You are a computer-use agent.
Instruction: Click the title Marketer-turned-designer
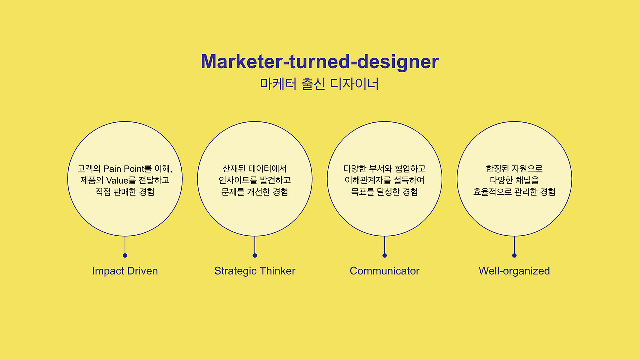[320, 62]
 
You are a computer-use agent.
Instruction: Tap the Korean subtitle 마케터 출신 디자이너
[320, 84]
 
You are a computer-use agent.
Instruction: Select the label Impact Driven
[125, 271]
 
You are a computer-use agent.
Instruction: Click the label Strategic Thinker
[255, 271]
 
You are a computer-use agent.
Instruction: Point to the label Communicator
[384, 271]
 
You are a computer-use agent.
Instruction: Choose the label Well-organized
[514, 271]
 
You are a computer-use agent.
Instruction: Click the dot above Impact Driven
[125, 255]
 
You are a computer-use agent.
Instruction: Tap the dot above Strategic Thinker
[255, 255]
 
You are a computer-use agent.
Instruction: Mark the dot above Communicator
[384, 255]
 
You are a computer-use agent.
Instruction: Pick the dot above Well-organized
[514, 255]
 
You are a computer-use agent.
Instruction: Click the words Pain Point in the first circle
[123, 169]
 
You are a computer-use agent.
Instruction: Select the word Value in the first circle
[117, 180]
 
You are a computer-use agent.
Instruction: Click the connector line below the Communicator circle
[384, 245]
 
